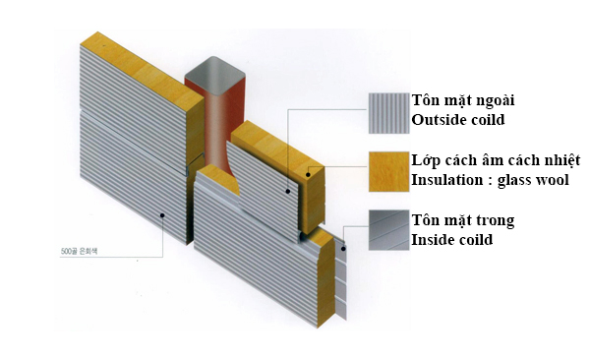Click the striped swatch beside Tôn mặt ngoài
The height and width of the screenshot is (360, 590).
[387, 113]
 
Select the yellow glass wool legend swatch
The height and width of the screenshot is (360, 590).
[387, 171]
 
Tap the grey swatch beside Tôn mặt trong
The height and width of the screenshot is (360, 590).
[387, 230]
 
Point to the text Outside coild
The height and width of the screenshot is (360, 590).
[459, 122]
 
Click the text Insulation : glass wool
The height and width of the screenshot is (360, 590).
[490, 181]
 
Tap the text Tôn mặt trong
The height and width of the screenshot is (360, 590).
[462, 220]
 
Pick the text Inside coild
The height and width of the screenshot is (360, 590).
[452, 240]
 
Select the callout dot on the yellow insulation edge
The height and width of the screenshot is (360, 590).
[308, 174]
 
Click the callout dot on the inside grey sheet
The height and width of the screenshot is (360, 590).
[343, 249]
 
